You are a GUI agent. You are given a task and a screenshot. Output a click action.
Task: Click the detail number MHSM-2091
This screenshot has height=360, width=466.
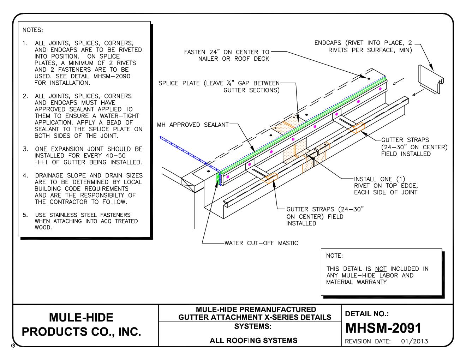pyautogui.click(x=383, y=328)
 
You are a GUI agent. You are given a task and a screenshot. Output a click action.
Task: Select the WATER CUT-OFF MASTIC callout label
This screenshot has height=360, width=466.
pyautogui.click(x=261, y=243)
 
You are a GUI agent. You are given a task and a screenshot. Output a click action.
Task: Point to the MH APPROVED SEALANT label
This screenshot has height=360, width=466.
pyautogui.click(x=193, y=125)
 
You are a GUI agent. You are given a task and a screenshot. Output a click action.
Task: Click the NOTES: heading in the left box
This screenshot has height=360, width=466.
pyautogui.click(x=32, y=30)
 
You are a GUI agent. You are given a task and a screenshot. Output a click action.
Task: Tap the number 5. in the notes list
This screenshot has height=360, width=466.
pyautogui.click(x=25, y=215)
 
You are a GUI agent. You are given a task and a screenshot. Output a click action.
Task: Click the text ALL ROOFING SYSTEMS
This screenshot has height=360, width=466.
pyautogui.click(x=253, y=341)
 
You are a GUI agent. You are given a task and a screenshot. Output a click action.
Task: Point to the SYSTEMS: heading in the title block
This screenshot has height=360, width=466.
pyautogui.click(x=253, y=326)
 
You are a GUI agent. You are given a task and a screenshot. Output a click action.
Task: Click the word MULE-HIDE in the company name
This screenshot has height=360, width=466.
pyautogui.click(x=81, y=317)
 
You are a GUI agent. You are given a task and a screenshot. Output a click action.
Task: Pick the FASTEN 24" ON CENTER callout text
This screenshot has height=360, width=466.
pyautogui.click(x=227, y=55)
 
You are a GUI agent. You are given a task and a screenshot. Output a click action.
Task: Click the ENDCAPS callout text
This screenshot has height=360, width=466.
pyautogui.click(x=364, y=47)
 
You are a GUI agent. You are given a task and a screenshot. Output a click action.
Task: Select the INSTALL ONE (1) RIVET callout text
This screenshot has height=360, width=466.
pyautogui.click(x=386, y=185)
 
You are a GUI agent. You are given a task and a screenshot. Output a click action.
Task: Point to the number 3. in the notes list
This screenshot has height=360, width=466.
pyautogui.click(x=25, y=149)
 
